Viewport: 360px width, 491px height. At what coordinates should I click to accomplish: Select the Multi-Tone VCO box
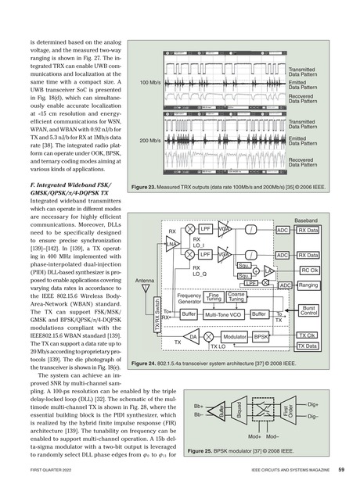tap(225, 314)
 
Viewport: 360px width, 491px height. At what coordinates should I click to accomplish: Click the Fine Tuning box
tap(215, 297)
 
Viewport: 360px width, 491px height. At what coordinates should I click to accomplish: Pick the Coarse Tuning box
tap(236, 297)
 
